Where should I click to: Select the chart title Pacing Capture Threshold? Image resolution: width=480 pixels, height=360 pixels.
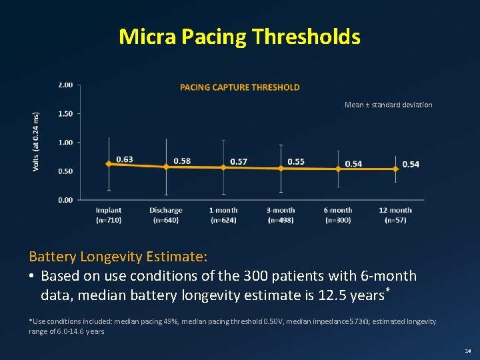click(x=240, y=87)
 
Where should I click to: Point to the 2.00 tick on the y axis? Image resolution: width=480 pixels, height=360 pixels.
click(x=65, y=85)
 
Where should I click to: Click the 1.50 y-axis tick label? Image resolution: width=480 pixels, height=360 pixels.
click(x=65, y=114)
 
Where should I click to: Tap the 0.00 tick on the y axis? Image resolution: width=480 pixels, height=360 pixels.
click(x=65, y=200)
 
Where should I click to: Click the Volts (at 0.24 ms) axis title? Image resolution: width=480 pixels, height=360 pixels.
click(x=36, y=141)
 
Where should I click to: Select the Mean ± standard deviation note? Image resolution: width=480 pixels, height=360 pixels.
click(x=388, y=105)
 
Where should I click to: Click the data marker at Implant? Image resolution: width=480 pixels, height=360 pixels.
click(x=109, y=163)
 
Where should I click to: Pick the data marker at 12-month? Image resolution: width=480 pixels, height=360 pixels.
click(x=395, y=169)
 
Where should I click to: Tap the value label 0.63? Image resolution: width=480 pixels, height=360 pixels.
click(x=125, y=159)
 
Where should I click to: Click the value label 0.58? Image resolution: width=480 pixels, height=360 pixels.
click(x=182, y=161)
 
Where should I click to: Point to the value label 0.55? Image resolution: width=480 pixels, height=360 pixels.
click(x=296, y=161)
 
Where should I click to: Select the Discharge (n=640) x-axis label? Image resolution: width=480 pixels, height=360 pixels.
click(x=166, y=215)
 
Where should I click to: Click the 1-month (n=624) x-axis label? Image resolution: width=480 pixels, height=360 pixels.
click(x=223, y=215)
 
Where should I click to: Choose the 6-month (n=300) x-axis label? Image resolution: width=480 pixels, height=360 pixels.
click(x=338, y=215)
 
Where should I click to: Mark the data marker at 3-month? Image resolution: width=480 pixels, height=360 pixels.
click(x=281, y=169)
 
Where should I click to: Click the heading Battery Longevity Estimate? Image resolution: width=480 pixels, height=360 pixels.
click(x=119, y=257)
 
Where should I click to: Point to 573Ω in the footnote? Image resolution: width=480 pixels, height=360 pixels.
click(x=357, y=321)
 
